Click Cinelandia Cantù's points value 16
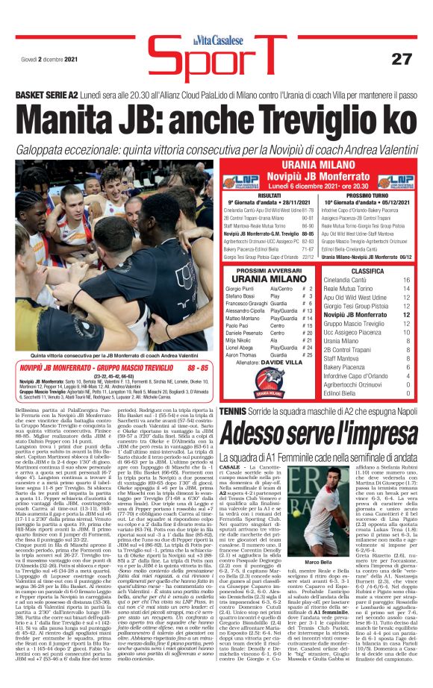[405, 280]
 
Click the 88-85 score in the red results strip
[199, 369]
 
